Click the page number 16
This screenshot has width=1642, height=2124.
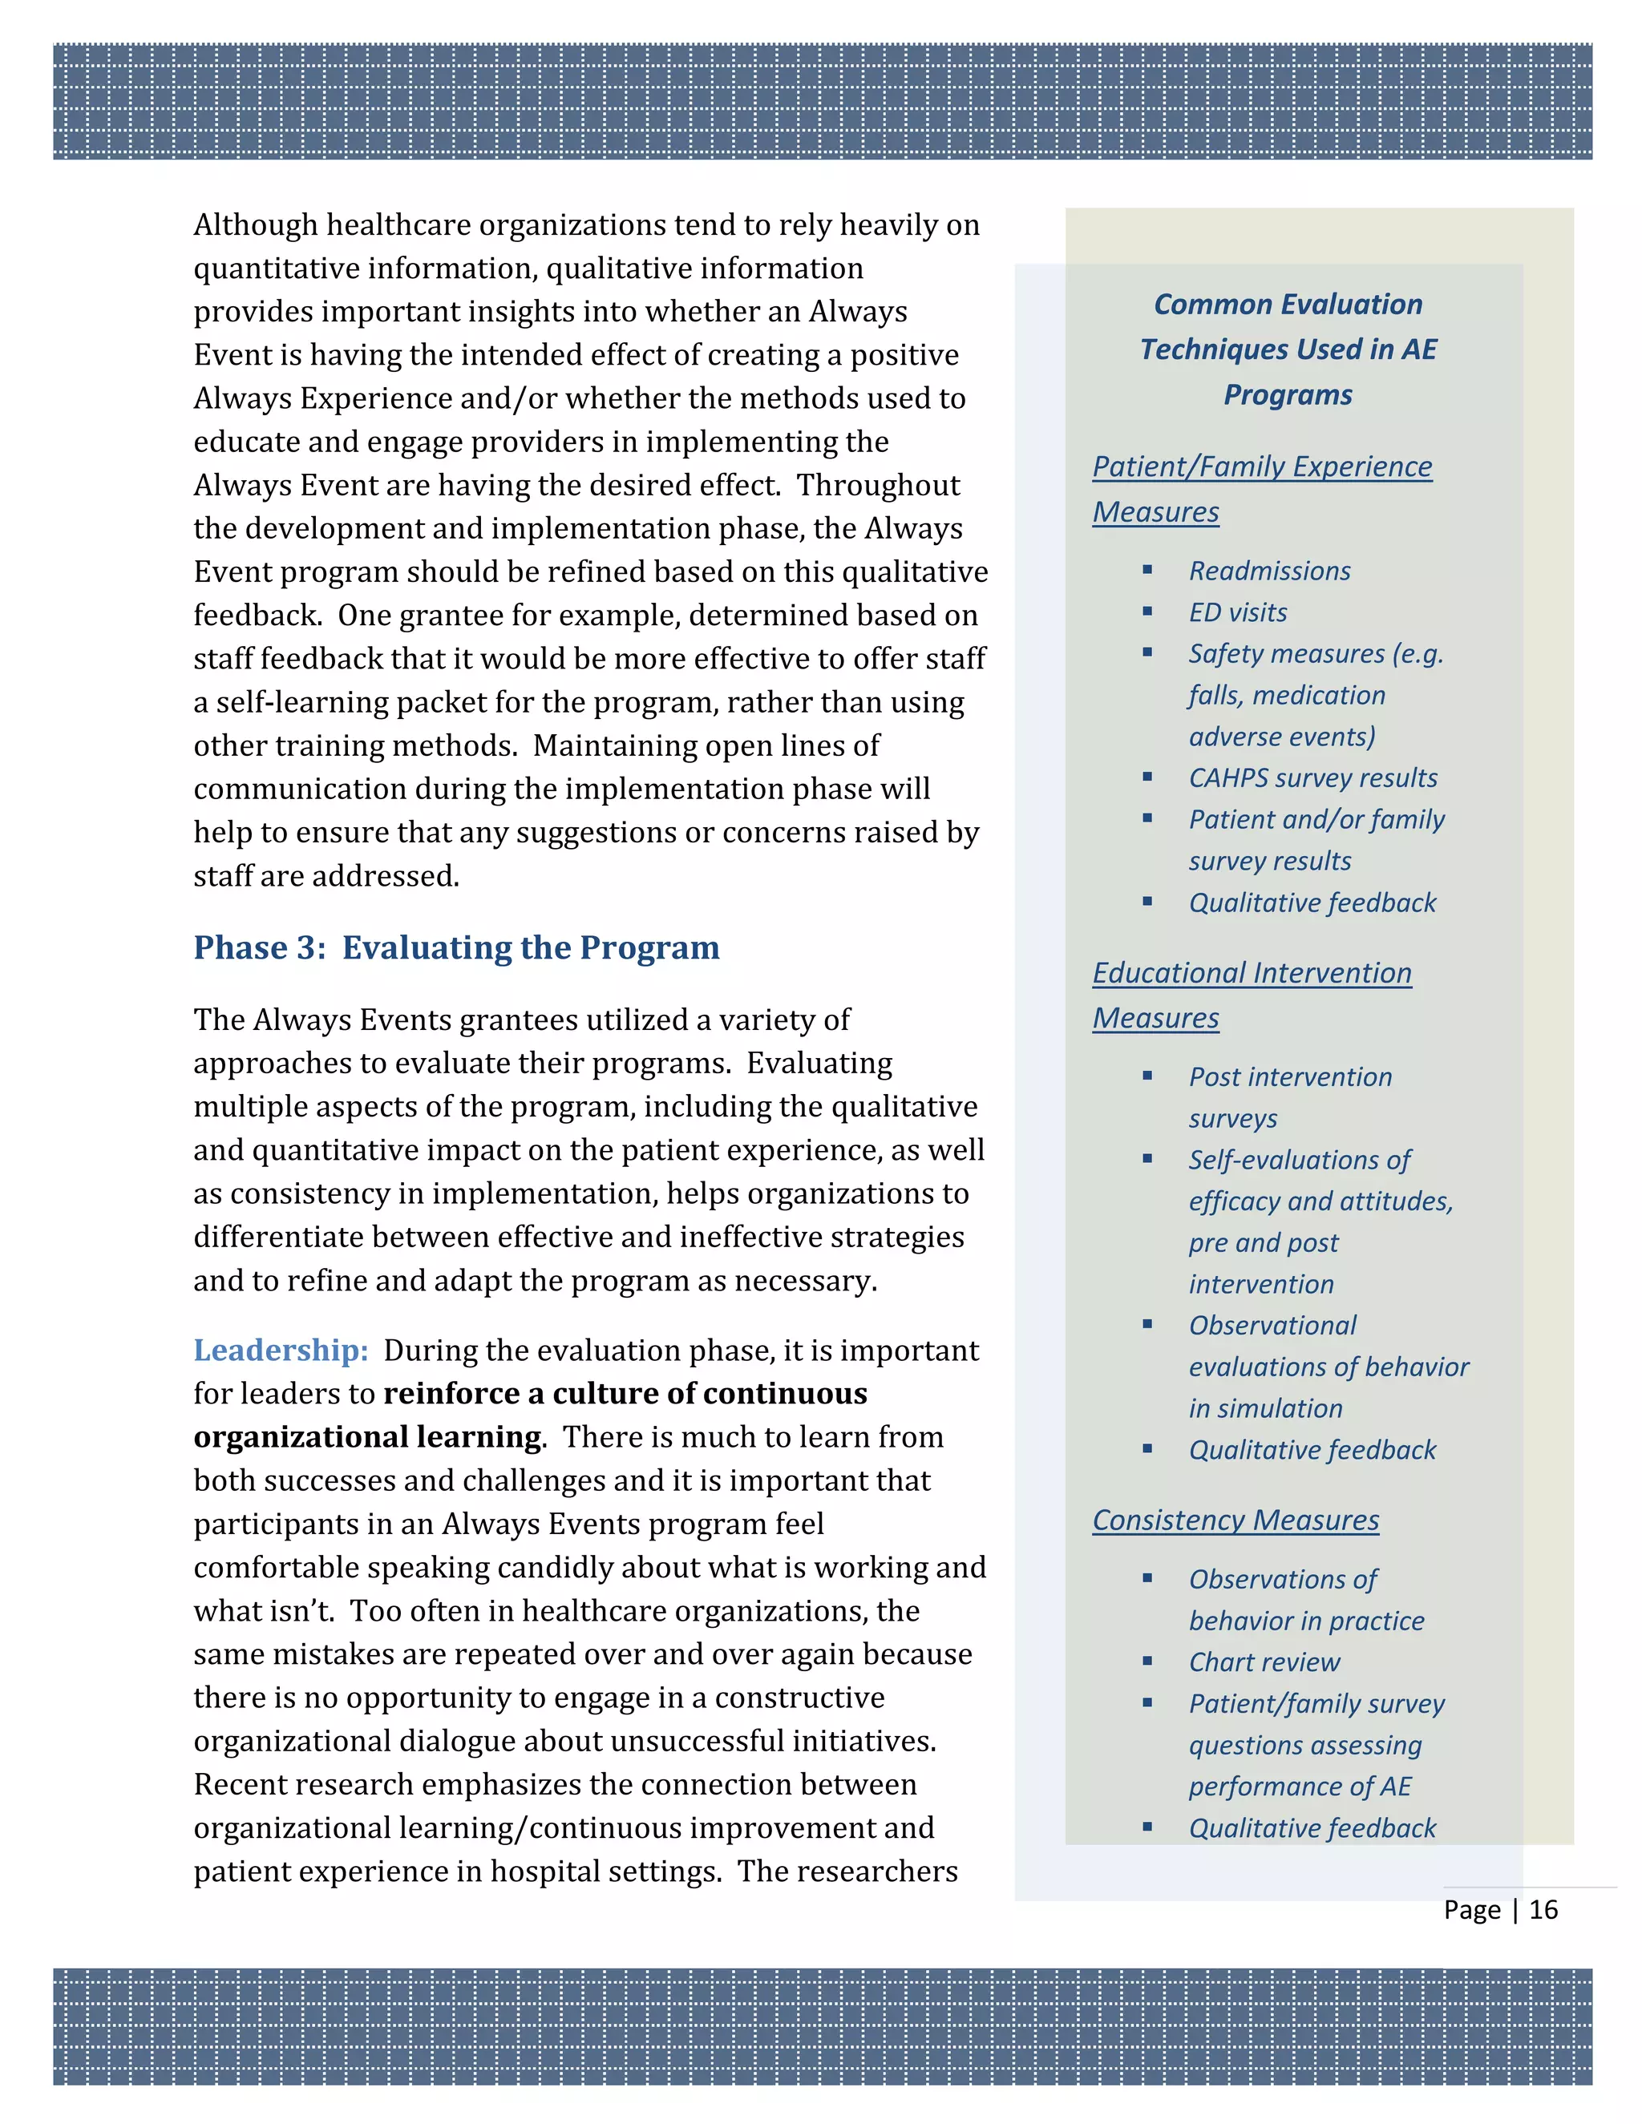[x=1543, y=1909]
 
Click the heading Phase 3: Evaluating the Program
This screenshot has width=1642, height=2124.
[x=456, y=947]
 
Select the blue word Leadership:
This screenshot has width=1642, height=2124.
[x=280, y=1350]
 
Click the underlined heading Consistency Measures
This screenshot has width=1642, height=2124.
[x=1236, y=1520]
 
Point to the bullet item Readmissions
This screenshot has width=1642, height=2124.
[x=1269, y=571]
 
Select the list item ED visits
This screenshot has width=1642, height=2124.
[x=1237, y=612]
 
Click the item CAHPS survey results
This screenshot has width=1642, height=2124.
[x=1312, y=778]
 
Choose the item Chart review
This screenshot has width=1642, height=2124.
[x=1264, y=1662]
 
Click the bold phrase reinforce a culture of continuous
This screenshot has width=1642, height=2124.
[x=625, y=1394]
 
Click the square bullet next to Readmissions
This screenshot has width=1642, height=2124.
[x=1148, y=571]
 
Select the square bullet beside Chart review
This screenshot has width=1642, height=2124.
[x=1148, y=1661]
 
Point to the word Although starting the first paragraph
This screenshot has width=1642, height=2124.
[x=255, y=224]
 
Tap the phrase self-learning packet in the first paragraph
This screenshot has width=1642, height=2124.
[x=350, y=702]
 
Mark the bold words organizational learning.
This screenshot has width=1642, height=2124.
[x=368, y=1437]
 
